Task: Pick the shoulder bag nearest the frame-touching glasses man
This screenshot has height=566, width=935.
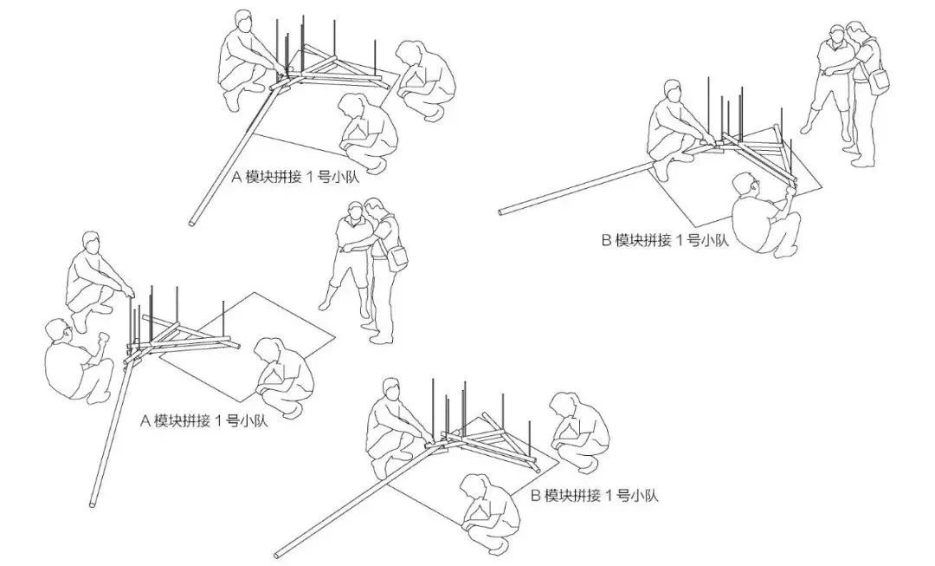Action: click(879, 81)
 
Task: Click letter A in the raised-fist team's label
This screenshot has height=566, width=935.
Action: click(145, 421)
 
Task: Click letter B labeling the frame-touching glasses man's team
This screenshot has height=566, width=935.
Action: click(606, 241)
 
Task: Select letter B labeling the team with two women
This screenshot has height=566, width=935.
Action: click(536, 496)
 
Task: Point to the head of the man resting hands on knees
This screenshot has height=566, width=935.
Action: click(91, 243)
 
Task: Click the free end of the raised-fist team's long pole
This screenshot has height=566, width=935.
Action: click(93, 505)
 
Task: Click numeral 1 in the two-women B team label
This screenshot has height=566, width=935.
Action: click(609, 496)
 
